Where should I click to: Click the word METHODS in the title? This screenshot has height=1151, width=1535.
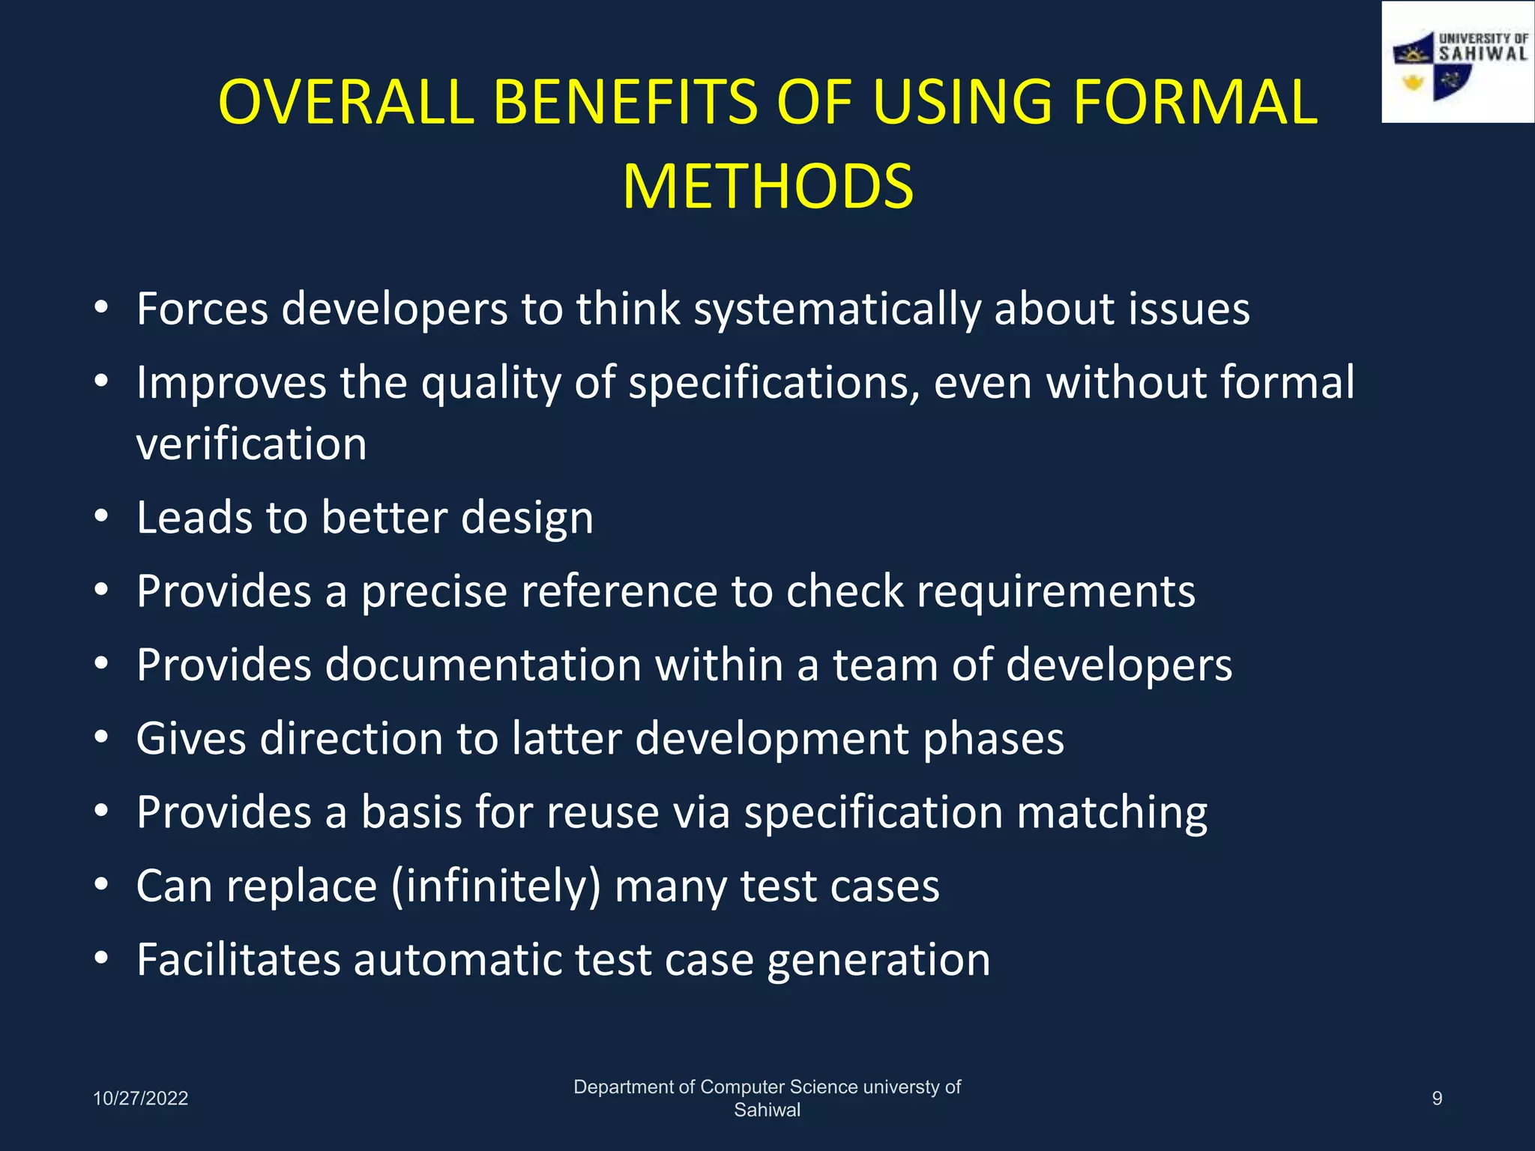[x=767, y=187]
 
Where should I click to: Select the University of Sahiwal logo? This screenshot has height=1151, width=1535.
[x=1457, y=63]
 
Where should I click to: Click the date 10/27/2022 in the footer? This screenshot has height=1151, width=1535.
[x=140, y=1098]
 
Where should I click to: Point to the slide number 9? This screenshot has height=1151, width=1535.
[x=1437, y=1098]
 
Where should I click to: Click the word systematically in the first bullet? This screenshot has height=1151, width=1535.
[x=836, y=309]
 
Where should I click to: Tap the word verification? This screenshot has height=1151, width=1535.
[x=251, y=444]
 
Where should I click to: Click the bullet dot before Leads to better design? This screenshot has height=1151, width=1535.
[x=102, y=516]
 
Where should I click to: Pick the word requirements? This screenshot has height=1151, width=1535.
[x=1056, y=591]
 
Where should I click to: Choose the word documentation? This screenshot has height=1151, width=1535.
[x=483, y=665]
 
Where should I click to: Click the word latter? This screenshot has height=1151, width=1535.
[x=567, y=738]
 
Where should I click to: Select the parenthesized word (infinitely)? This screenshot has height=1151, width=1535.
[x=496, y=886]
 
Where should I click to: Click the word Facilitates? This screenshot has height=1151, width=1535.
[x=238, y=959]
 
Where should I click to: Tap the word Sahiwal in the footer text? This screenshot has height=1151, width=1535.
[x=767, y=1110]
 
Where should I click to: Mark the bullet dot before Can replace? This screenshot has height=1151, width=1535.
[x=102, y=885]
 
